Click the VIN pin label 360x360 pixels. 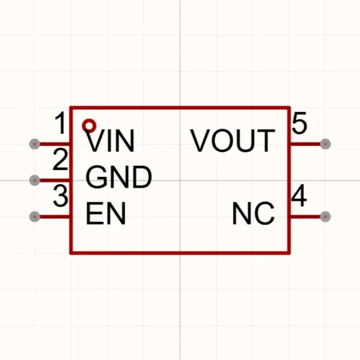point(110,141)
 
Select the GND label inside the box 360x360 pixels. point(118,177)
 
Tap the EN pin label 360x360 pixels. point(105,213)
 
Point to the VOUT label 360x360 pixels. point(232,141)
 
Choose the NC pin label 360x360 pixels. point(253,213)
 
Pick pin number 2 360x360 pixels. point(60,159)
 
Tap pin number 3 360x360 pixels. point(61,196)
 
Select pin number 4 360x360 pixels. point(299,195)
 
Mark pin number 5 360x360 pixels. point(299,123)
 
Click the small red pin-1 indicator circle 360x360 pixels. point(89,126)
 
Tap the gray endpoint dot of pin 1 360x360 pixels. point(35,144)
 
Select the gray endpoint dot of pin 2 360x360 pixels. point(35,180)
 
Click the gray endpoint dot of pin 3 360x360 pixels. point(35,217)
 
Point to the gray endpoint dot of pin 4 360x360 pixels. point(325,217)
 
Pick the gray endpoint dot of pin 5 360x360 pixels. point(325,144)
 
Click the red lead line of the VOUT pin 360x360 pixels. point(306,144)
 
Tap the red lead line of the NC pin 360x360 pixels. point(306,217)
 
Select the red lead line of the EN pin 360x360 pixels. point(54,217)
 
